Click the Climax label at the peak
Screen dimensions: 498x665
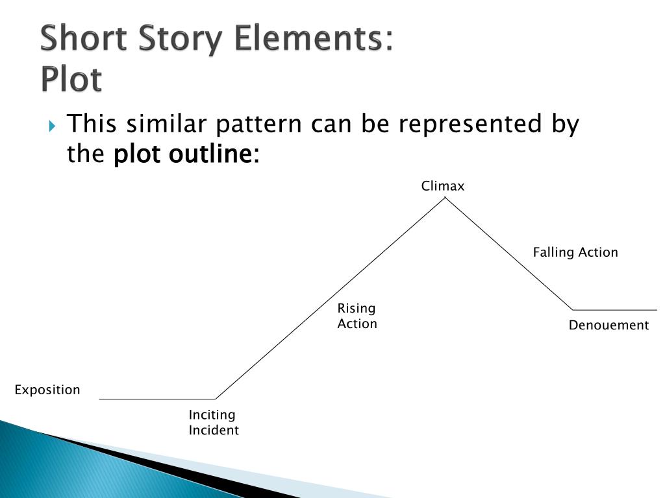[443, 187]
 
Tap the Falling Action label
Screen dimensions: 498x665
[575, 252]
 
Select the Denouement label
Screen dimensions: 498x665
[609, 326]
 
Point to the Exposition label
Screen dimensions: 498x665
[47, 390]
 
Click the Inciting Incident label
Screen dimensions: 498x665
[214, 422]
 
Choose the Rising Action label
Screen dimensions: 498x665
[357, 316]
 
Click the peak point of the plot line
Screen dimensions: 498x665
[445, 198]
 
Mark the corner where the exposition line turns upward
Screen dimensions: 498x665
[216, 399]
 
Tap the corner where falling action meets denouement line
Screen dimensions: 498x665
[573, 310]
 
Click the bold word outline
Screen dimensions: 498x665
[210, 155]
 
